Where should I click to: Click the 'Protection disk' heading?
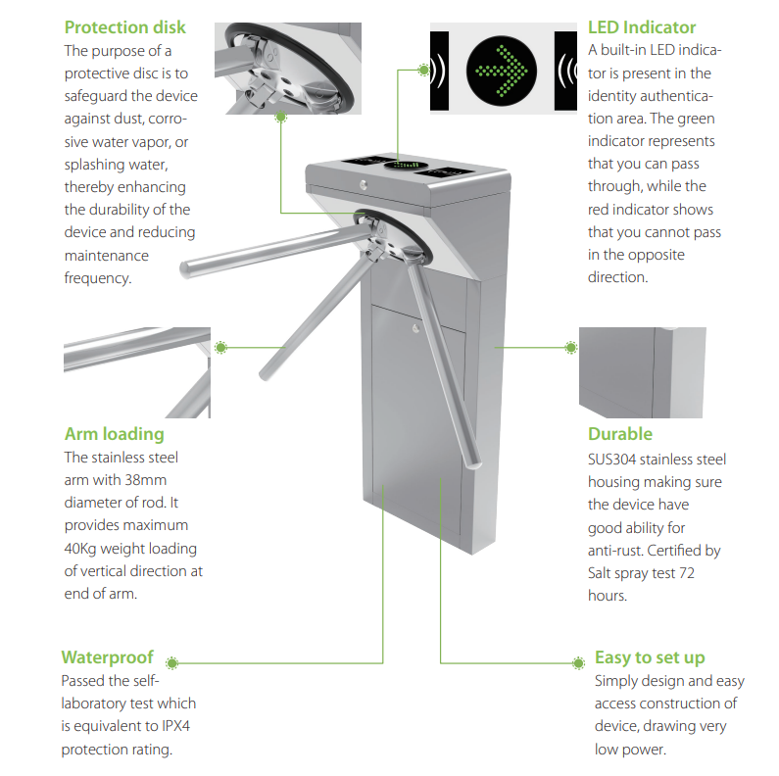click(124, 27)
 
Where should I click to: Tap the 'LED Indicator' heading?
click(642, 27)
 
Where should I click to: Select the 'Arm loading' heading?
click(115, 434)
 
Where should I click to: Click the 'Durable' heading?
click(620, 434)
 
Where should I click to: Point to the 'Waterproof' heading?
click(108, 657)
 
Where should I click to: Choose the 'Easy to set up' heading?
click(650, 657)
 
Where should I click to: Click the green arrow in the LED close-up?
click(502, 72)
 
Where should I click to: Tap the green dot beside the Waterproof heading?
click(172, 662)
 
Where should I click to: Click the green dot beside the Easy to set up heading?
click(578, 662)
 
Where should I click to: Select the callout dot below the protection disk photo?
click(280, 118)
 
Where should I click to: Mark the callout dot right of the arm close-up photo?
click(221, 347)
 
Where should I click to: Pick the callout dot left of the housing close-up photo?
click(571, 347)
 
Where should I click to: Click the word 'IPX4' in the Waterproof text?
click(175, 726)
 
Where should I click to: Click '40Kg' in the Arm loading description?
click(80, 549)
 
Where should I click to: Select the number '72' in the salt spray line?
click(686, 573)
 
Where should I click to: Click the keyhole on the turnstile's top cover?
click(364, 184)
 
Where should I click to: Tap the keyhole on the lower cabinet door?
click(415, 328)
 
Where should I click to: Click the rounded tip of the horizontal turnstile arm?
click(186, 269)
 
